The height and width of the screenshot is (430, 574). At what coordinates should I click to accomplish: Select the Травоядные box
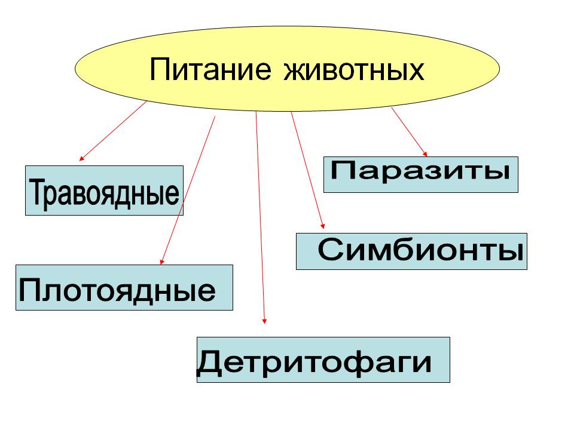pyautogui.click(x=104, y=191)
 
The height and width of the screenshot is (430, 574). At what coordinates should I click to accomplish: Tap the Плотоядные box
pyautogui.click(x=124, y=288)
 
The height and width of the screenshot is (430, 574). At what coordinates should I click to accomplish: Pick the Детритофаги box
pyautogui.click(x=323, y=360)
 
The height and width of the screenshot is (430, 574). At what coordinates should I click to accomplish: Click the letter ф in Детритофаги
pyautogui.click(x=353, y=362)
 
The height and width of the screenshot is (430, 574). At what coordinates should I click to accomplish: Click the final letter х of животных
pyautogui.click(x=416, y=70)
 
